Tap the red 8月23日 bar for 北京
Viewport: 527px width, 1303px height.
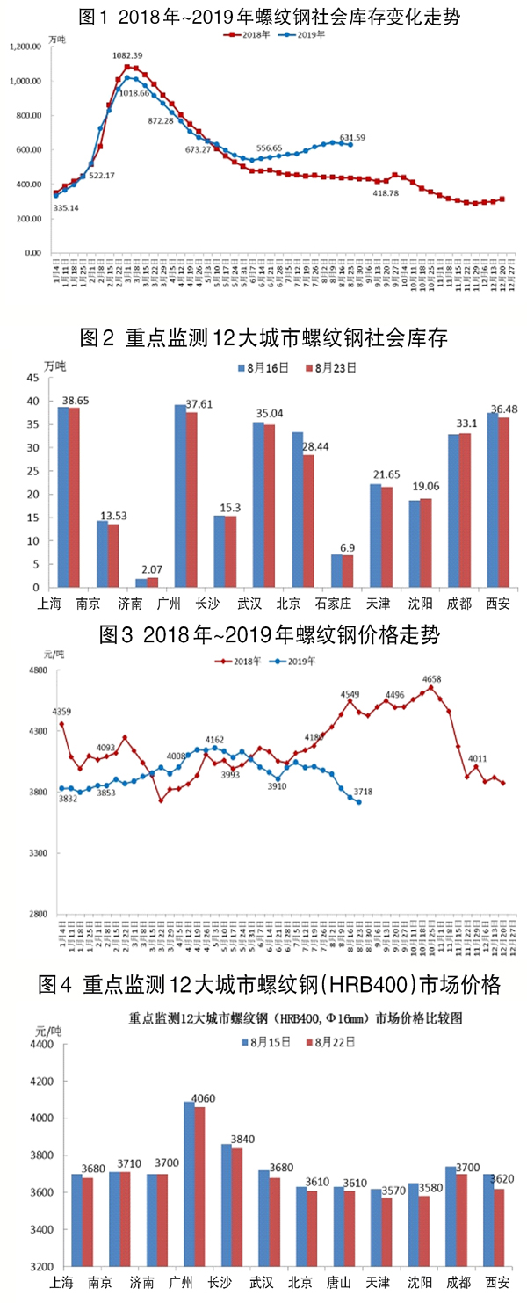coord(307,520)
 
